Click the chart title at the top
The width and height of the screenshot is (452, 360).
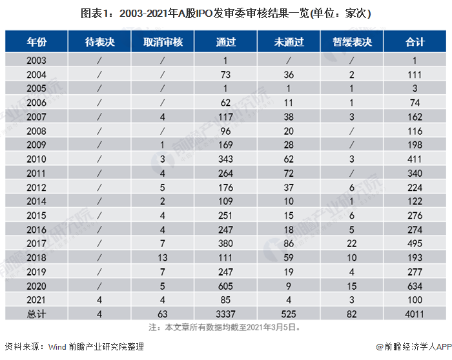(225, 12)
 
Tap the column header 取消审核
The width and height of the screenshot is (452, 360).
(163, 42)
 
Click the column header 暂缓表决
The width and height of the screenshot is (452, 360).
(352, 42)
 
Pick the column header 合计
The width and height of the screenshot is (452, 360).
(415, 42)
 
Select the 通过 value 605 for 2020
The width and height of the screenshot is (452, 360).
(226, 286)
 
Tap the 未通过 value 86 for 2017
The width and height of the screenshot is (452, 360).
(289, 243)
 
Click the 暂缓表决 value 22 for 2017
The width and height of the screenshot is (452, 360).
(352, 243)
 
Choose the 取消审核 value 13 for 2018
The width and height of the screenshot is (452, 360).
(163, 257)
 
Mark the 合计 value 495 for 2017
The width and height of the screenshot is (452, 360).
(415, 243)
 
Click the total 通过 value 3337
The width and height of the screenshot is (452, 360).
(226, 314)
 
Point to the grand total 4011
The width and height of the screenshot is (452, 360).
(415, 314)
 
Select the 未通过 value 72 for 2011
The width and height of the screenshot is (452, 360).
(289, 173)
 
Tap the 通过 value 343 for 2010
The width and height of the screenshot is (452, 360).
(226, 159)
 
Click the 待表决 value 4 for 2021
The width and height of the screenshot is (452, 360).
(99, 299)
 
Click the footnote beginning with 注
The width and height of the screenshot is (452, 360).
(225, 327)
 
